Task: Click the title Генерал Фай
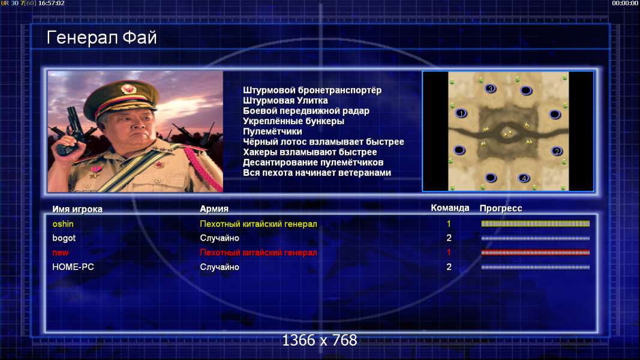101,38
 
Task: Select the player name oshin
63,224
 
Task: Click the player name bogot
64,238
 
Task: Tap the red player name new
61,253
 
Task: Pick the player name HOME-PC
73,267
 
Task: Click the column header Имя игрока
77,209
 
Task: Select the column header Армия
214,209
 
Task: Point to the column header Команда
450,208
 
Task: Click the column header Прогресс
501,208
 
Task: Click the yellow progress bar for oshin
536,224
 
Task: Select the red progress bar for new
536,253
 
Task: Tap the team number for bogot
449,238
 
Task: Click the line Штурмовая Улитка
286,100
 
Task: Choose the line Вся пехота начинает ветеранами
317,173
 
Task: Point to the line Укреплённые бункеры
293,121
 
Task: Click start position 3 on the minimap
491,89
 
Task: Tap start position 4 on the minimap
524,178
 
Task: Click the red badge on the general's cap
128,89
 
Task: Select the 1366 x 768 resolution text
320,340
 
